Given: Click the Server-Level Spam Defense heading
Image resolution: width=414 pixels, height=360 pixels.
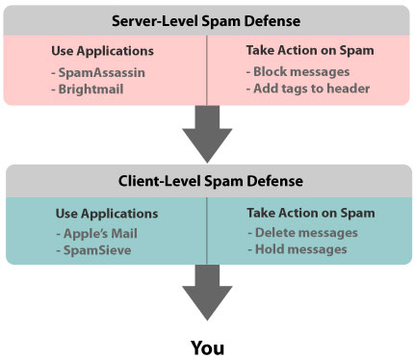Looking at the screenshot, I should pyautogui.click(x=206, y=19).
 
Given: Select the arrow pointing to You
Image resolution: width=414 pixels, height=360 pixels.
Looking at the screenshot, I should pyautogui.click(x=206, y=294).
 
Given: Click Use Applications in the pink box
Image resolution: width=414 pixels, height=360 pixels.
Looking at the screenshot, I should pyautogui.click(x=102, y=50).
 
